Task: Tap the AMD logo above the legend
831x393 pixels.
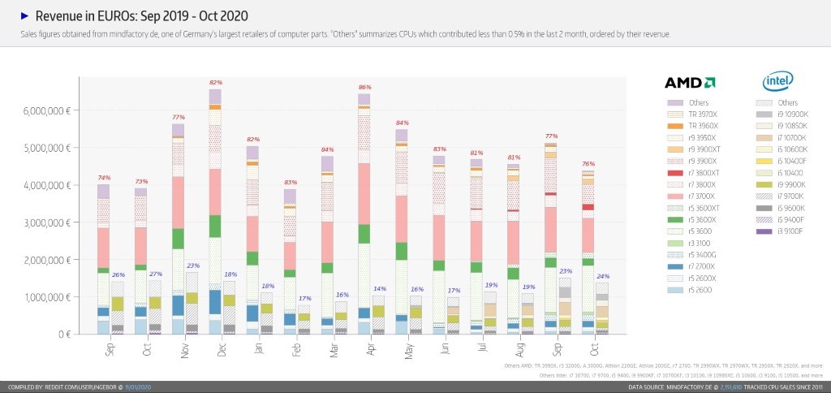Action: click(689, 82)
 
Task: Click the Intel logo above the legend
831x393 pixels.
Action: click(777, 81)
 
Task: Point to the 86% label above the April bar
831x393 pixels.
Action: click(364, 87)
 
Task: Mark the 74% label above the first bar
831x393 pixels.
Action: click(103, 177)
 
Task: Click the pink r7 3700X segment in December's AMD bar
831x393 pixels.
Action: click(214, 192)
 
